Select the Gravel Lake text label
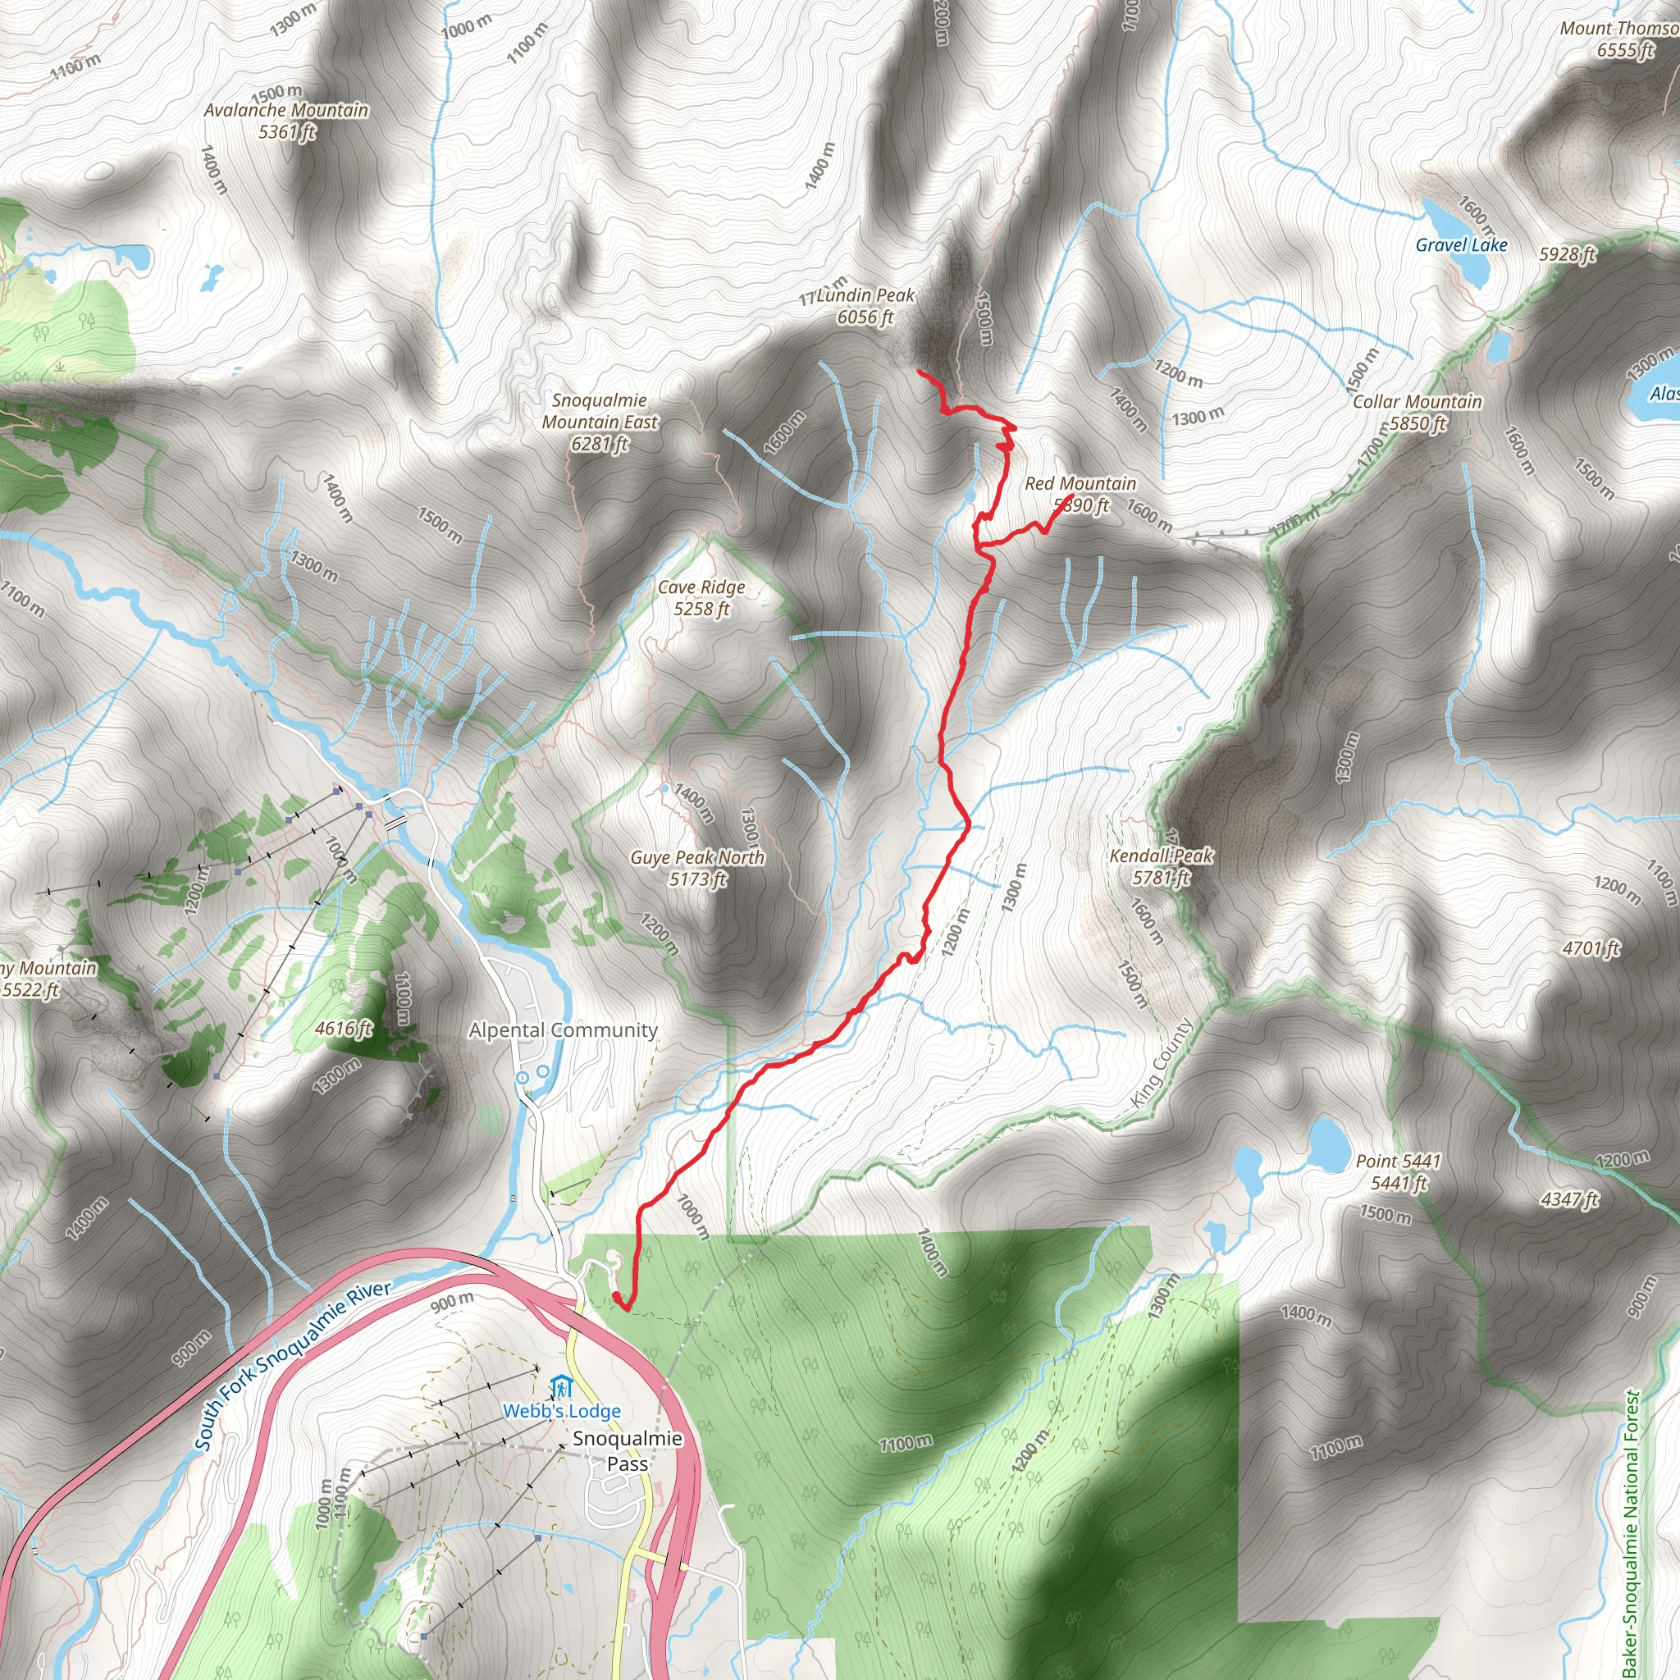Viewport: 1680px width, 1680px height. coord(1461,245)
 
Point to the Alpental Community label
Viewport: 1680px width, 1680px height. coord(563,1030)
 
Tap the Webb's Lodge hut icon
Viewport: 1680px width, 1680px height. coord(562,1386)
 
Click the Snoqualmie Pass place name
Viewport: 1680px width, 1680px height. coord(627,1450)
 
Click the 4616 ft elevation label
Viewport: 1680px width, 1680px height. coord(344,1029)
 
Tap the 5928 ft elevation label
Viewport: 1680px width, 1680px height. coord(1567,254)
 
